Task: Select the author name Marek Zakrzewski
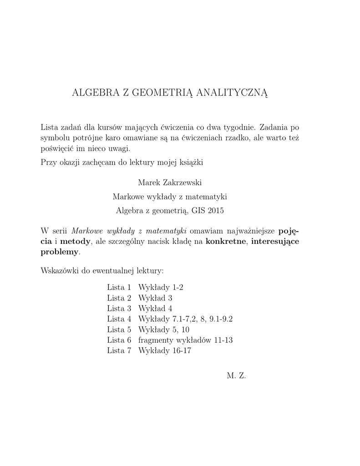pos(169,182)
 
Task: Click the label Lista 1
pos(119,287)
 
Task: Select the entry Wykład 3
pos(155,298)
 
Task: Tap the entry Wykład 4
pos(155,309)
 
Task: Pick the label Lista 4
pos(119,319)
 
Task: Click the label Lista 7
pos(119,350)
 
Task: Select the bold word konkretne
pos(226,240)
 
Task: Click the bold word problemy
pos(60,251)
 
